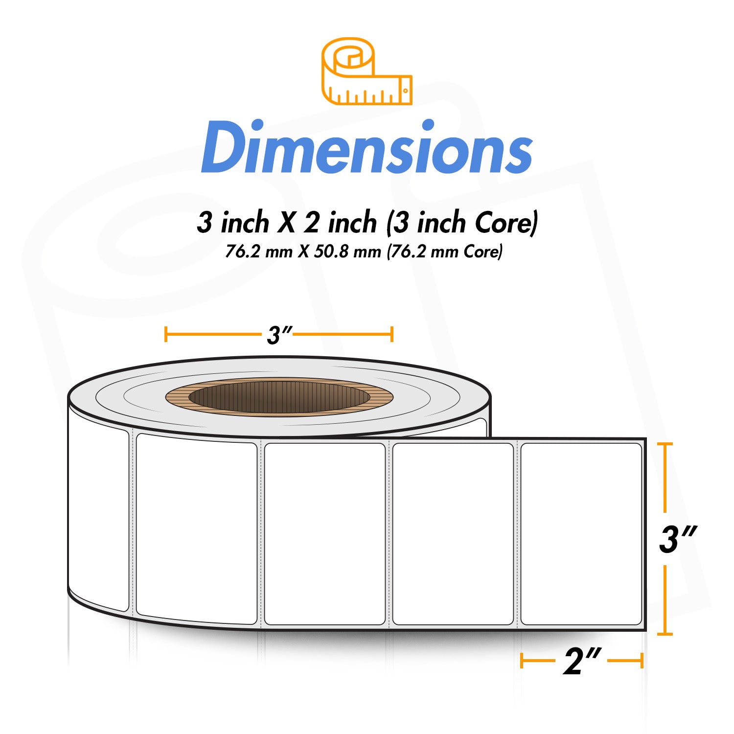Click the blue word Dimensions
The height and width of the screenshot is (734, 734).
click(x=367, y=147)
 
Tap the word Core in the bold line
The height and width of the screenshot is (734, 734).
click(x=505, y=223)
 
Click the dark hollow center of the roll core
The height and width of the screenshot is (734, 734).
click(x=279, y=397)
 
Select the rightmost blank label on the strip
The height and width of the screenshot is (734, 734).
click(x=581, y=534)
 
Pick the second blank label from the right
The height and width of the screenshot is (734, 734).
click(x=453, y=534)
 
